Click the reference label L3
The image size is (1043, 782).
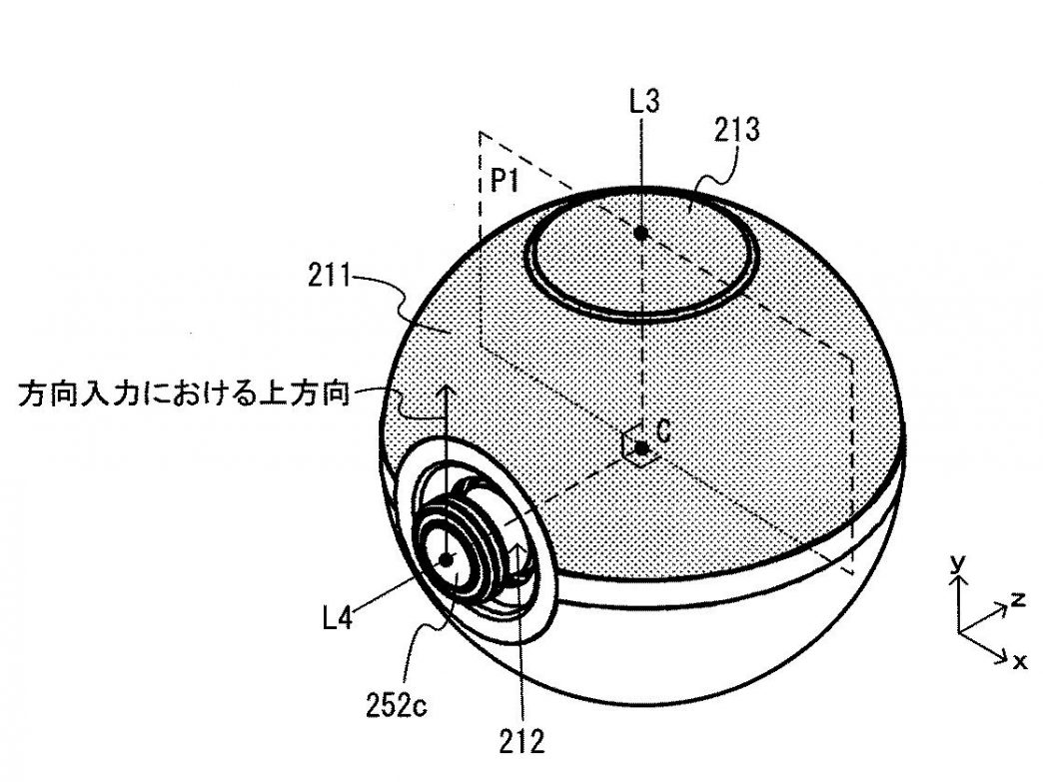point(644,102)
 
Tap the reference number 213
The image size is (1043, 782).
point(737,130)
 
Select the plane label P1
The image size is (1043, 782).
point(505,180)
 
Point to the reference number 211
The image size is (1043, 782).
point(329,275)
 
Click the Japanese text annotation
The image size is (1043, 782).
point(184,393)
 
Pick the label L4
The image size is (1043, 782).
point(338,618)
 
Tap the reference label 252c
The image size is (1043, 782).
point(397,705)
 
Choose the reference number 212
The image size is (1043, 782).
point(522,741)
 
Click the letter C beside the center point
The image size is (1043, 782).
point(663,431)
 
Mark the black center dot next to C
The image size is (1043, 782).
point(641,448)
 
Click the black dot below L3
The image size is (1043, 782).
point(641,233)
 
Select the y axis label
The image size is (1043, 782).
point(957,563)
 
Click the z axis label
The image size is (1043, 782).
point(1017,599)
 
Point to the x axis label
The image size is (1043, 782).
point(1019,661)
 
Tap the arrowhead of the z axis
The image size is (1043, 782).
point(1002,607)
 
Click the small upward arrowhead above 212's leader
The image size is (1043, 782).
point(521,546)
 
